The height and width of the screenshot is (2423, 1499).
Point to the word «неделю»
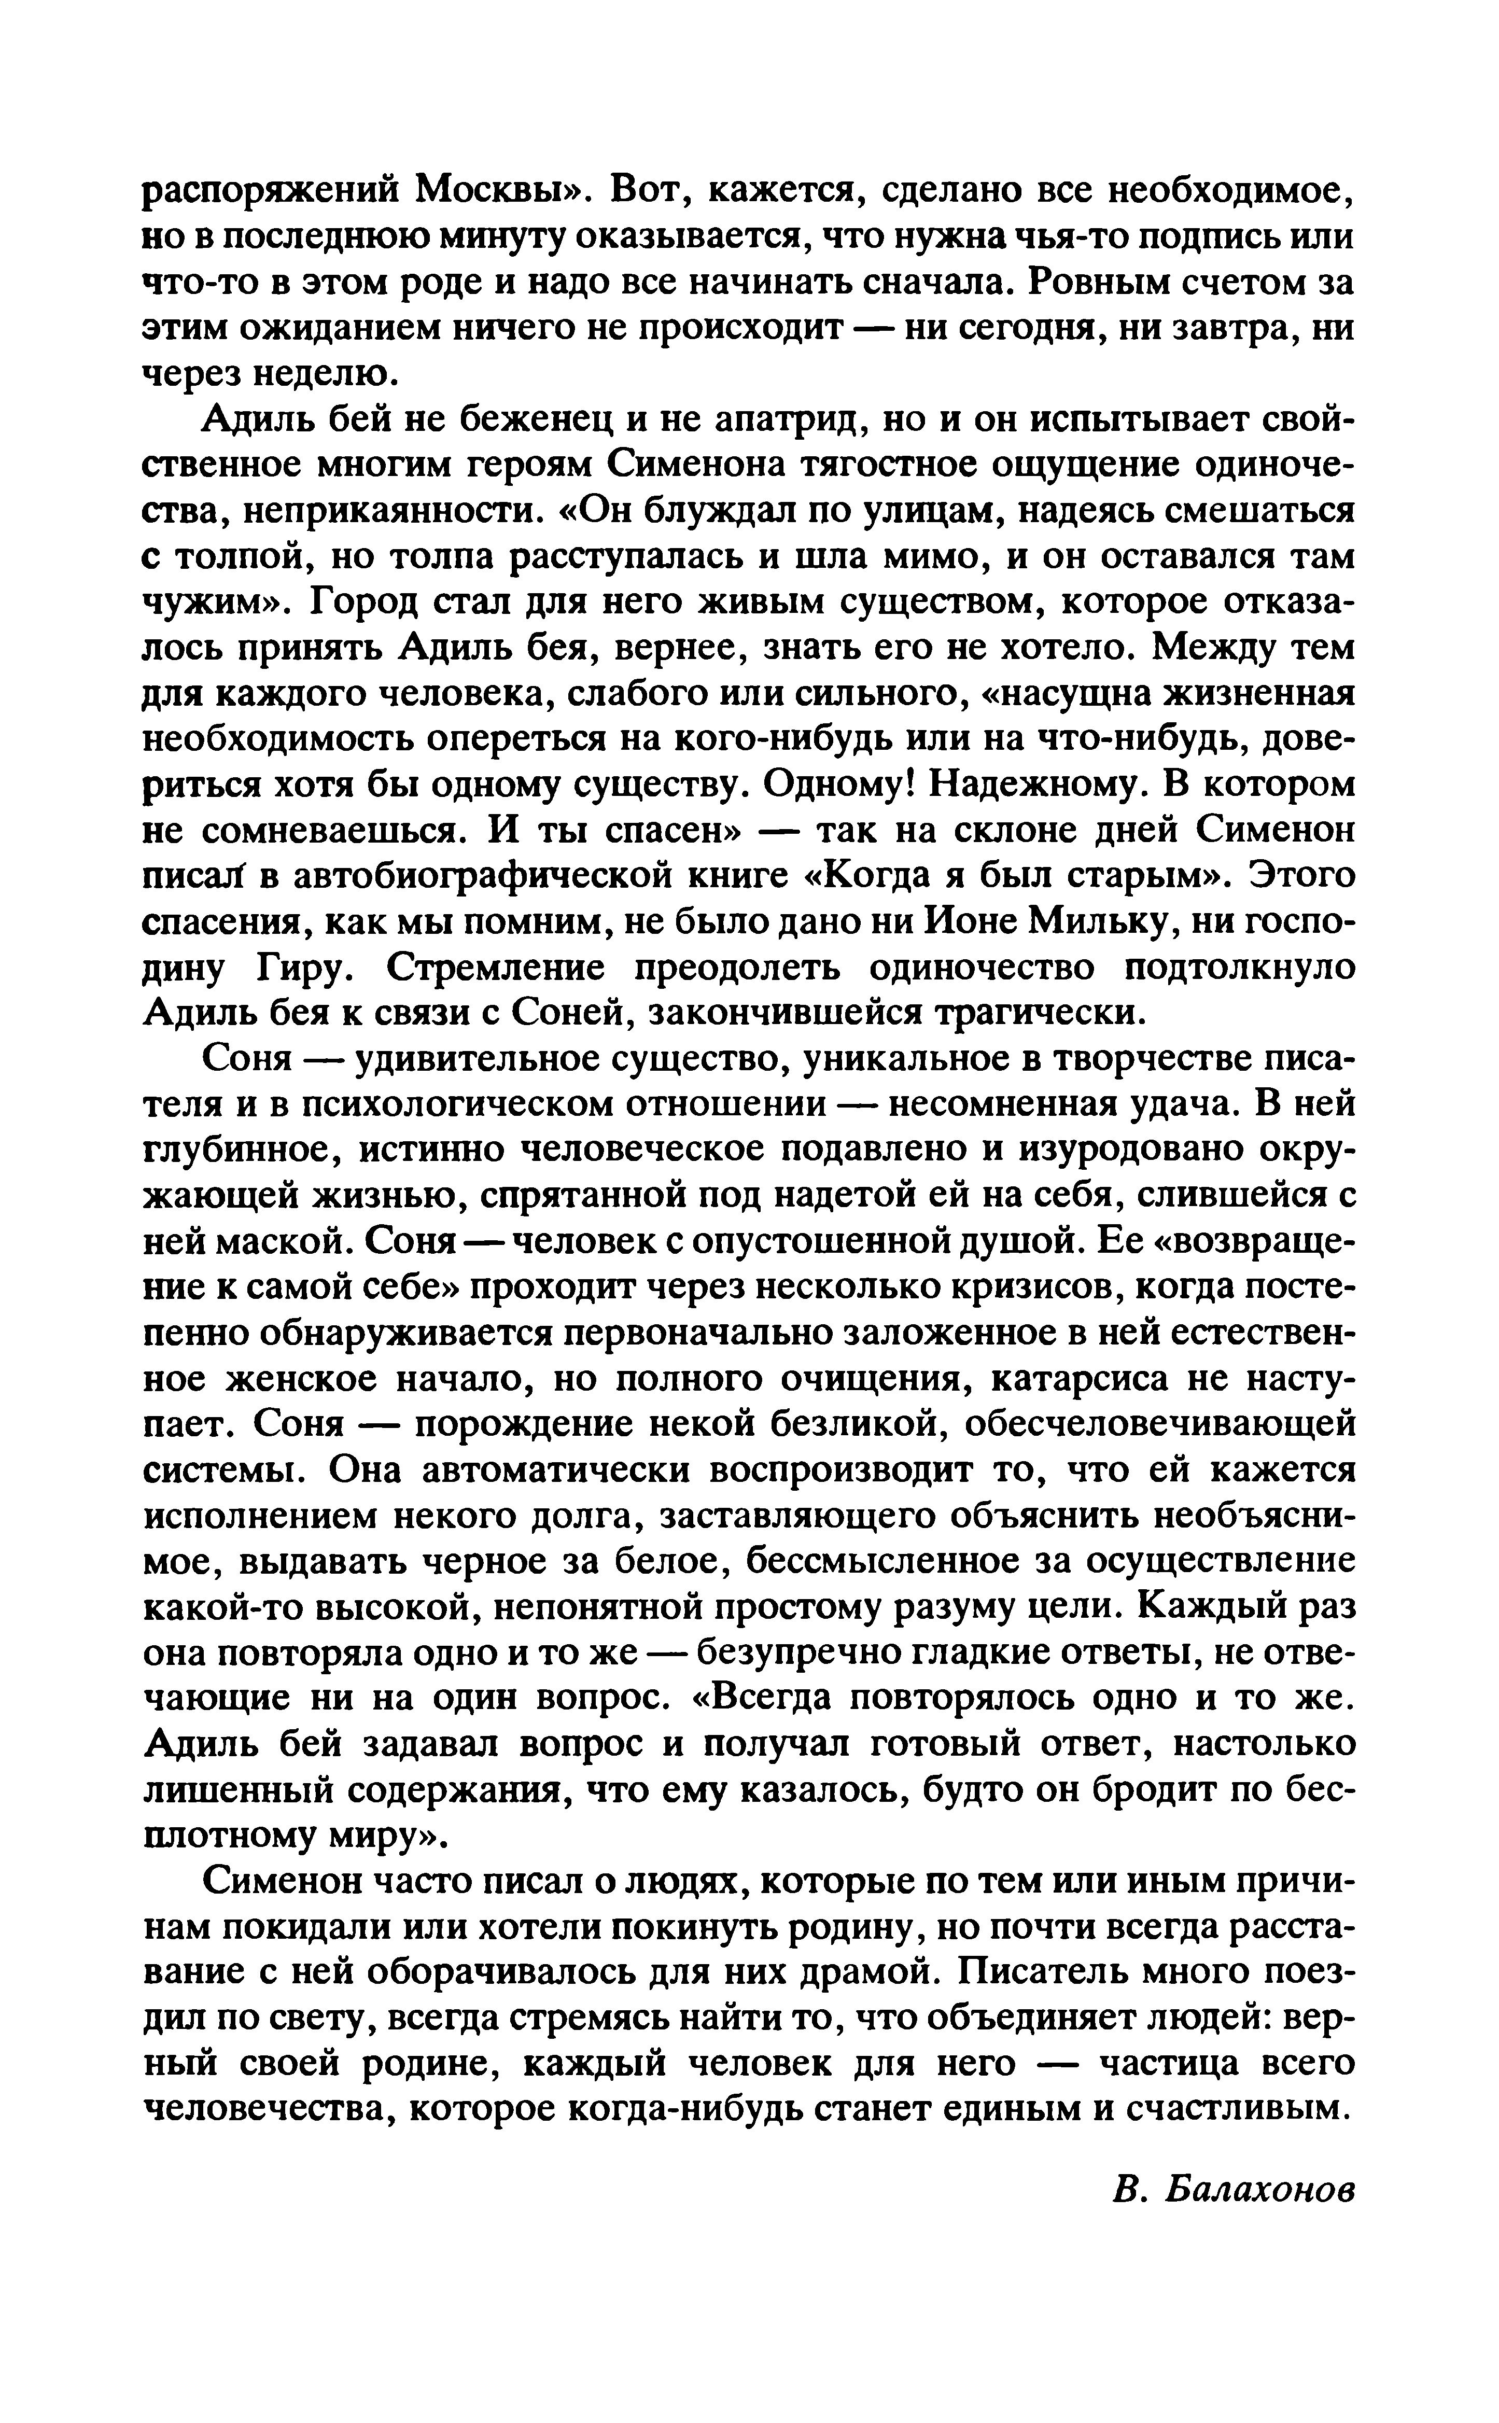coord(317,374)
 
